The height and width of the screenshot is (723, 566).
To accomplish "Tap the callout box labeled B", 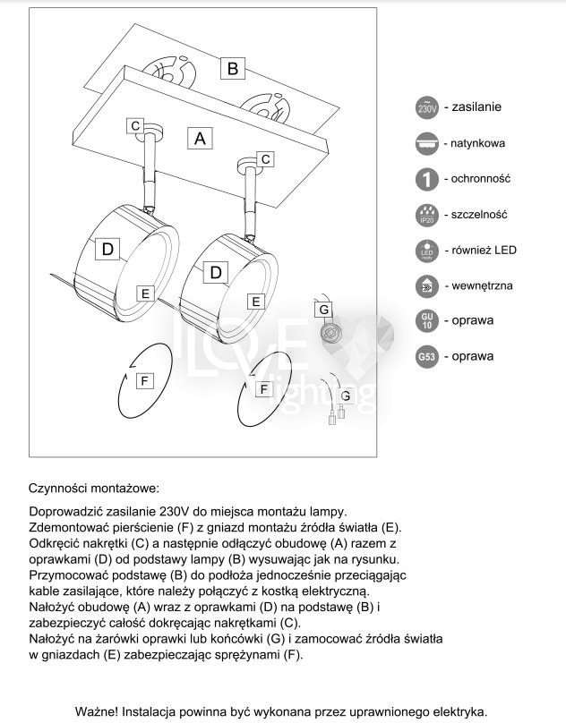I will coord(232,68).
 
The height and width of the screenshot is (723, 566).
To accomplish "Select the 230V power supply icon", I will coord(427,107).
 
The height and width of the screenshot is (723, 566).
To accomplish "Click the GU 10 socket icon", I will coord(427,320).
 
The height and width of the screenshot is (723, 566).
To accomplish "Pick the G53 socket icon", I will coord(427,357).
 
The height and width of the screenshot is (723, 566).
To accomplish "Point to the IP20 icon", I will coord(427,215).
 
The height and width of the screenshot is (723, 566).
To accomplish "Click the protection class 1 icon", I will coord(427,179).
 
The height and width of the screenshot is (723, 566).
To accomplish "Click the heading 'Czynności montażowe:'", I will coord(93,489).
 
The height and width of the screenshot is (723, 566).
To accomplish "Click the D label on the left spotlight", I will coord(108,250).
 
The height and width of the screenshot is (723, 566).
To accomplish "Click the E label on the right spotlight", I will coord(255,302).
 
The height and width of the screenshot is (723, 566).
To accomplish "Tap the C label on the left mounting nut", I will coord(135,126).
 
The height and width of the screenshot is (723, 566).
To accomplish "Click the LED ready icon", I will coord(427,251).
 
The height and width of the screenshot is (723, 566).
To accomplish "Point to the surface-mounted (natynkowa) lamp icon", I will coord(427,143).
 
